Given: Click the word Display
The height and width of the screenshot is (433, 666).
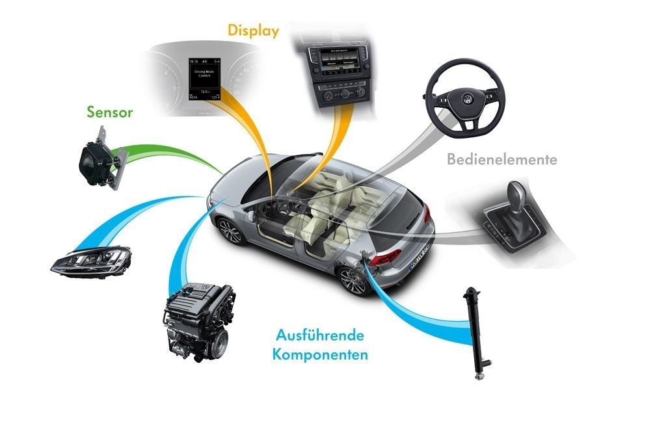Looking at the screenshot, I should [x=253, y=31].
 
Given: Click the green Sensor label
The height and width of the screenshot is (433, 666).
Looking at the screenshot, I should [x=110, y=112].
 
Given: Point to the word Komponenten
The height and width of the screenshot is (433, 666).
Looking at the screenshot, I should [x=321, y=356].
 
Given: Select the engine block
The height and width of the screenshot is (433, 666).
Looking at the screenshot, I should [x=198, y=320].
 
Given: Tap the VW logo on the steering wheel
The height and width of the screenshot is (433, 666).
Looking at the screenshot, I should [x=466, y=100].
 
